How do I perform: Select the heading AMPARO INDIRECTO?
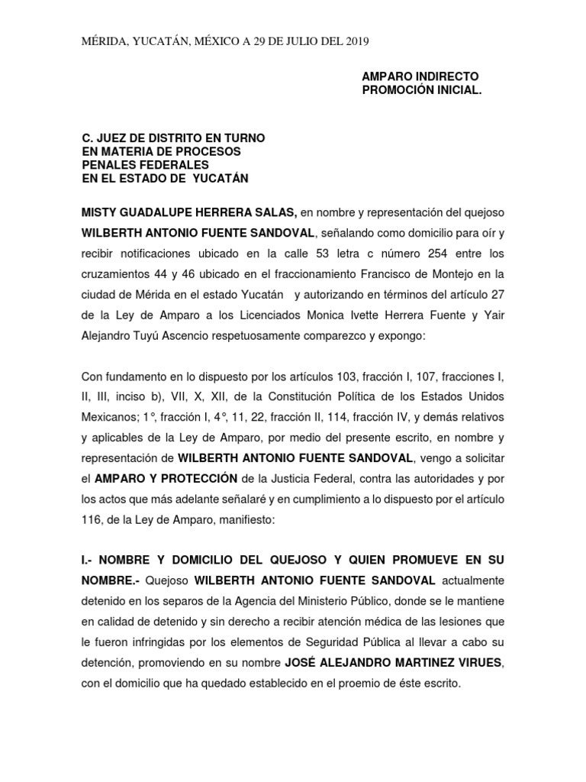(420, 77)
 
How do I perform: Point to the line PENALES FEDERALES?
(145, 165)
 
